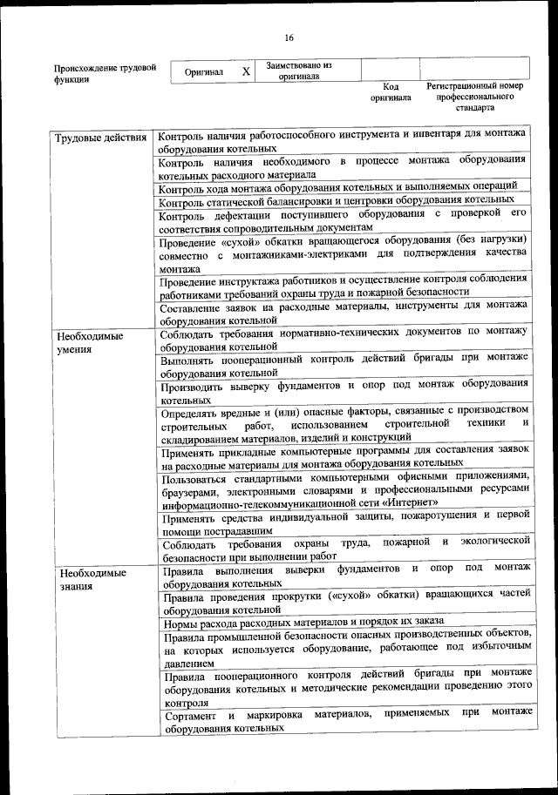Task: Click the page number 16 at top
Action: [x=289, y=37]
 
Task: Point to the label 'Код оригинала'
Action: [x=390, y=92]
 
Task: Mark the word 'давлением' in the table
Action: [x=189, y=664]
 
